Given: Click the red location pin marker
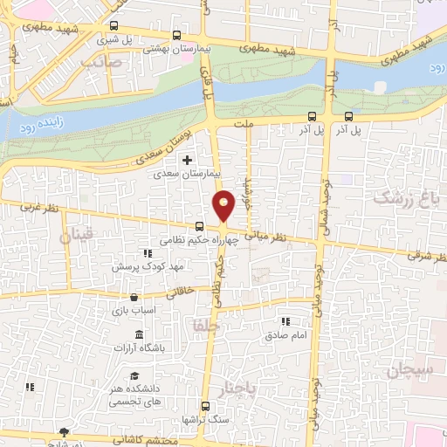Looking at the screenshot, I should [x=224, y=204].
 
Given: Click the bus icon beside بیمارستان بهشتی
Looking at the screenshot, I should [x=177, y=37].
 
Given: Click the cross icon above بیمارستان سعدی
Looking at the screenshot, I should [x=186, y=161].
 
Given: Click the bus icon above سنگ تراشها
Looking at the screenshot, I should [x=205, y=406].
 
